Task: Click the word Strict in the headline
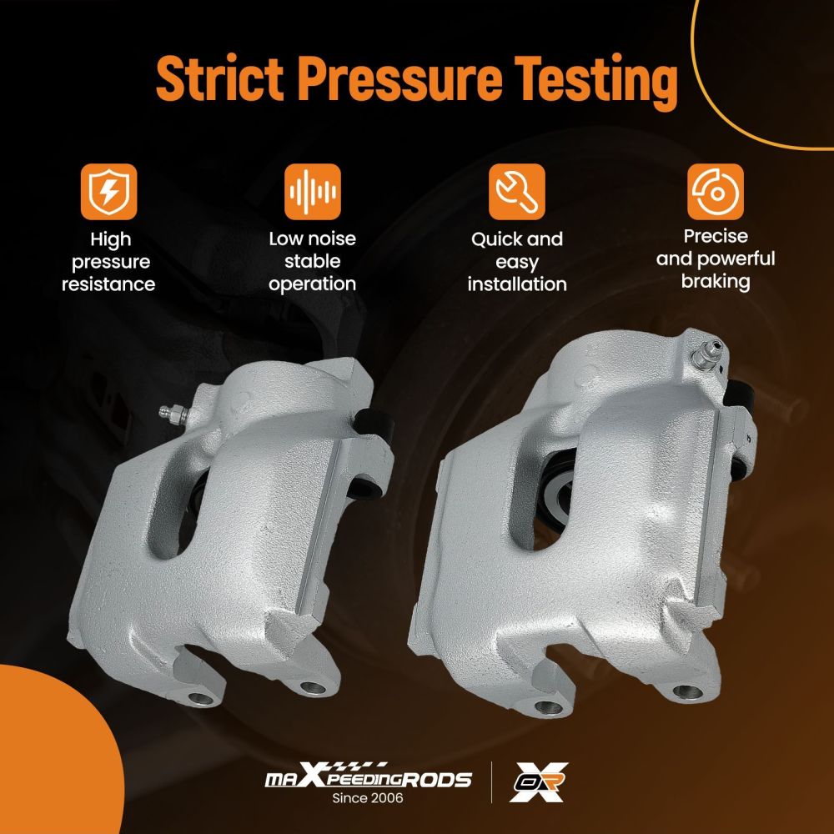pyautogui.click(x=219, y=78)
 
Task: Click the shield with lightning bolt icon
pyautogui.click(x=109, y=192)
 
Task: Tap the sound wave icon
pyautogui.click(x=313, y=192)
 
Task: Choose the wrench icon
pyautogui.click(x=517, y=192)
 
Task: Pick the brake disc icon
pyautogui.click(x=716, y=192)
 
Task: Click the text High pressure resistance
pyautogui.click(x=108, y=262)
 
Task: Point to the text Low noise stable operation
pyautogui.click(x=312, y=261)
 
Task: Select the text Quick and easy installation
pyautogui.click(x=517, y=262)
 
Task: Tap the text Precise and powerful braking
pyautogui.click(x=716, y=259)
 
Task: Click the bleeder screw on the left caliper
pyautogui.click(x=174, y=414)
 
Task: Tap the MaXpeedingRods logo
pyautogui.click(x=368, y=777)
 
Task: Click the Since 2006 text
pyautogui.click(x=368, y=798)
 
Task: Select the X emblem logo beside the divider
pyautogui.click(x=538, y=782)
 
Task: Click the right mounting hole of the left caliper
pyautogui.click(x=313, y=687)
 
